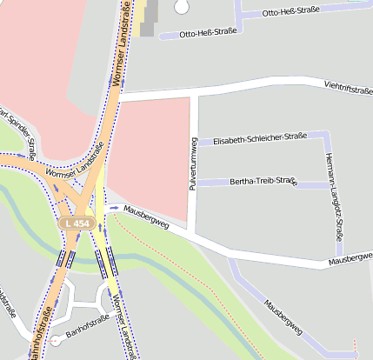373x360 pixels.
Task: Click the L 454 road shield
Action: (x=76, y=223)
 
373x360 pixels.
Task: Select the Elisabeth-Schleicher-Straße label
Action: (x=259, y=139)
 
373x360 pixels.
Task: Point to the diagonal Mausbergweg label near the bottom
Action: (x=283, y=318)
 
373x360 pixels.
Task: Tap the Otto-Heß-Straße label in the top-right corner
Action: (x=290, y=11)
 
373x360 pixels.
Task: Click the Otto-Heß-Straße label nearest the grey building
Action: (x=208, y=34)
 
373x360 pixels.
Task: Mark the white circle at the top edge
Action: (x=181, y=5)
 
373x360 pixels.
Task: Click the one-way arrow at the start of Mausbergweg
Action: (x=114, y=209)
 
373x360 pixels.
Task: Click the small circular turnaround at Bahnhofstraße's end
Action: (x=57, y=340)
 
